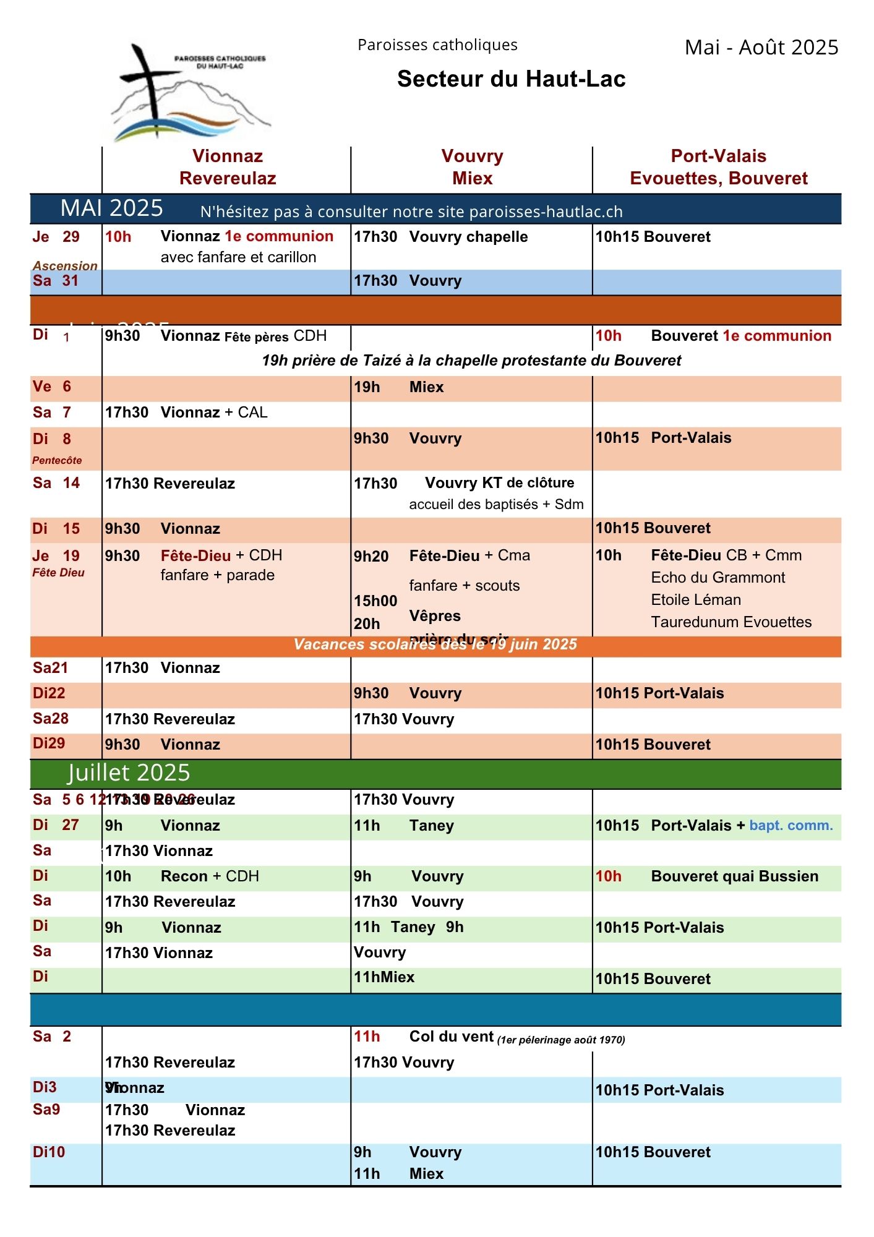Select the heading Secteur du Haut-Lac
(511, 79)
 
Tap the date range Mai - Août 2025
(761, 48)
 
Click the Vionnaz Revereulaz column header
(228, 167)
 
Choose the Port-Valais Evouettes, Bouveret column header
(718, 167)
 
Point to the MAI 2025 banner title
(112, 208)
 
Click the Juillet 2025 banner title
(129, 773)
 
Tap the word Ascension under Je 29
(65, 265)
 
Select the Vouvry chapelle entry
(468, 237)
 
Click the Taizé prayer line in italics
(471, 361)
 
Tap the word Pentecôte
(57, 460)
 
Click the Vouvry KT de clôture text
(499, 483)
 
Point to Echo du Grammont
(718, 578)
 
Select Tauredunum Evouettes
(731, 622)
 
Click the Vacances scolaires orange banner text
(435, 644)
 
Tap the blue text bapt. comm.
(790, 826)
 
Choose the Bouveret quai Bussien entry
(734, 876)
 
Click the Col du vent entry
(452, 1037)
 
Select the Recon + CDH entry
(210, 876)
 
